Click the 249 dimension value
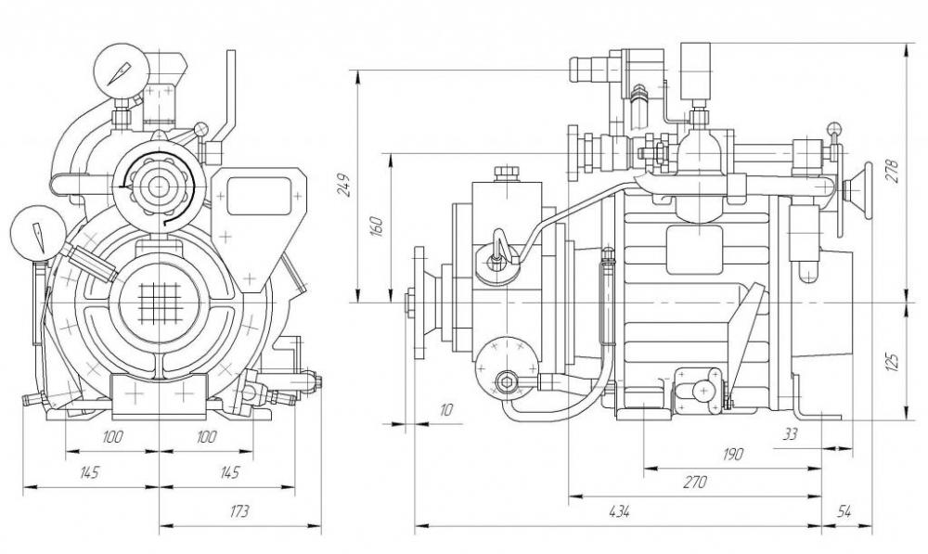(x=345, y=186)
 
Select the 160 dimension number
(x=377, y=226)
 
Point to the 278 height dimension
(x=893, y=171)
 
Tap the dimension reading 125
(x=893, y=360)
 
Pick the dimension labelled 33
(x=790, y=434)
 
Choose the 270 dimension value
(x=695, y=483)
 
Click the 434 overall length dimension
(x=617, y=510)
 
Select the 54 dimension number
(x=844, y=511)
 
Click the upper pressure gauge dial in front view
(x=122, y=70)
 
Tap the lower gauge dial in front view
(x=38, y=231)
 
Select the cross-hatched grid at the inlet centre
(x=160, y=303)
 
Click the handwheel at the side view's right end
(x=858, y=191)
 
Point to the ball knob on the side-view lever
(x=834, y=128)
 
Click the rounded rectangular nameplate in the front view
(x=260, y=196)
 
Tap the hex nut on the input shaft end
(x=409, y=303)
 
